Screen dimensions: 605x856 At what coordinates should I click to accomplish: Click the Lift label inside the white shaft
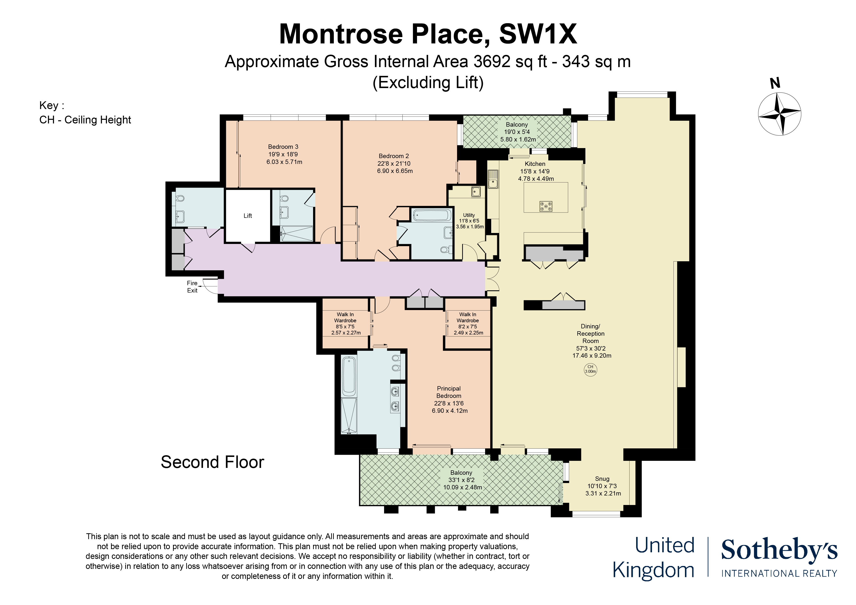248,216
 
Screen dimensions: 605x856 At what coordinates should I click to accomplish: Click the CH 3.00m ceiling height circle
590,369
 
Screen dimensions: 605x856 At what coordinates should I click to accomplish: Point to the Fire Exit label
192,287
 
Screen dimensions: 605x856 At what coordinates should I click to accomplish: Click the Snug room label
602,479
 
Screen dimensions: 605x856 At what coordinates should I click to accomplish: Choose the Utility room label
469,215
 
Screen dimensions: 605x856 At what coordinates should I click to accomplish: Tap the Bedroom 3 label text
283,147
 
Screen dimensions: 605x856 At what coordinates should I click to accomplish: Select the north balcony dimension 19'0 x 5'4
517,132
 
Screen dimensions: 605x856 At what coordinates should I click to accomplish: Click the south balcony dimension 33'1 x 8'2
462,480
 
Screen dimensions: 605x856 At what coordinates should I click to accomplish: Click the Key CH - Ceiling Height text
85,120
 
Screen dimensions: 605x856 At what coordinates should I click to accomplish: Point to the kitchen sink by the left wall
493,179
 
